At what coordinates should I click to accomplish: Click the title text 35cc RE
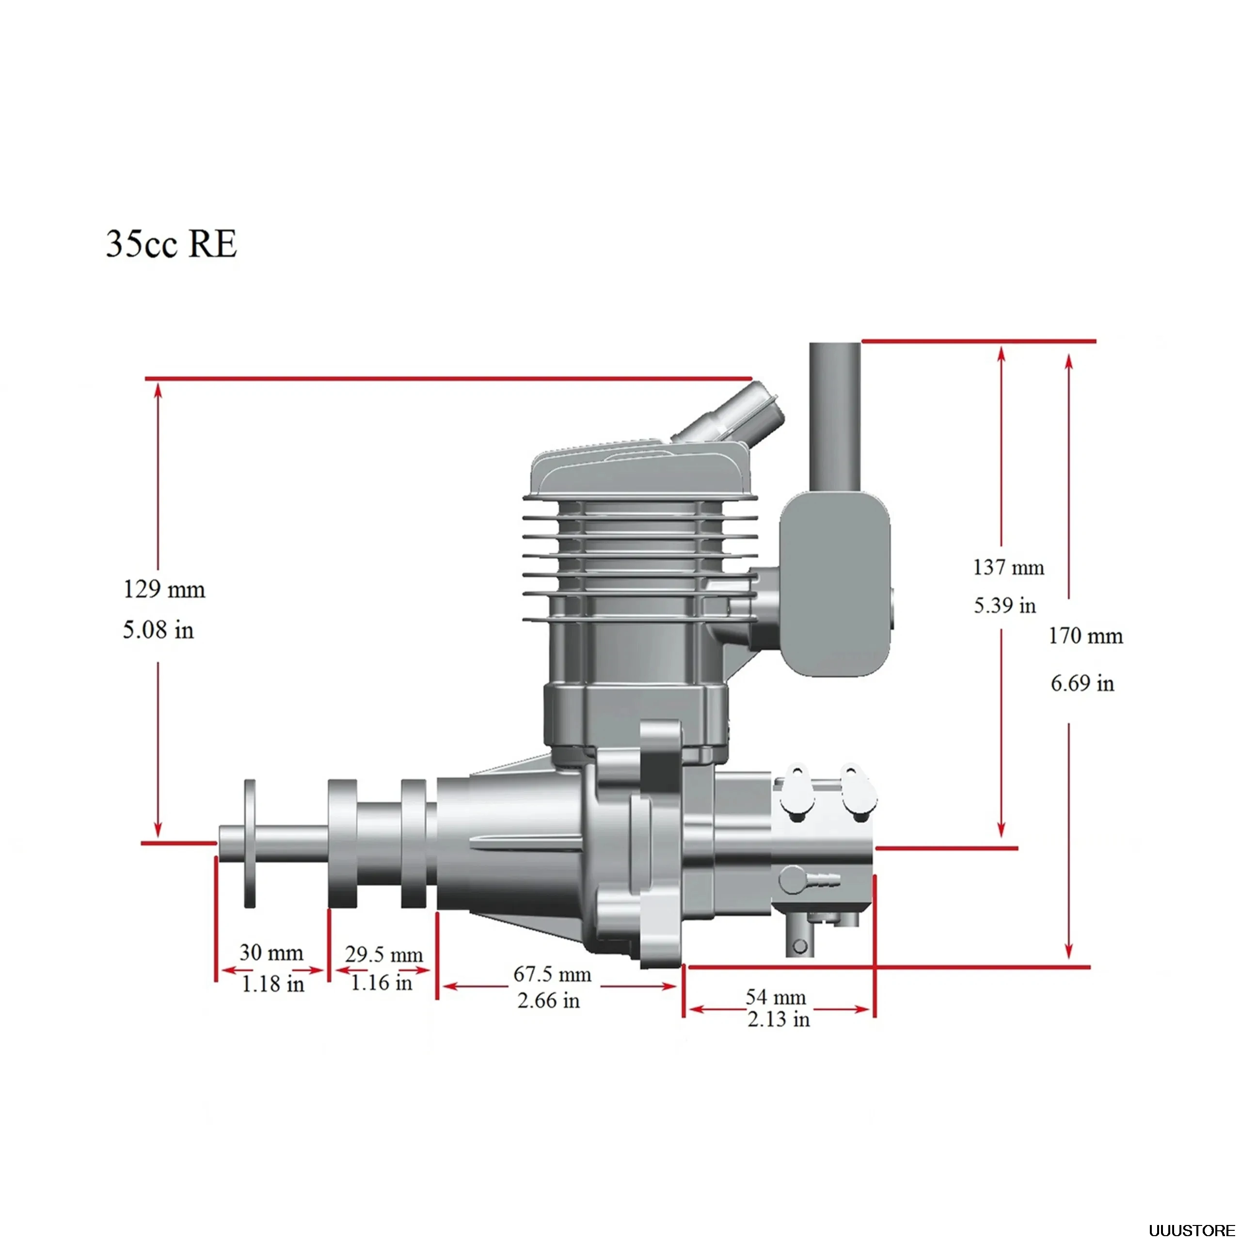pos(172,245)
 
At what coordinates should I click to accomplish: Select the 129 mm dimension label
pos(164,589)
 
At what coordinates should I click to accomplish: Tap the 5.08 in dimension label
pos(158,630)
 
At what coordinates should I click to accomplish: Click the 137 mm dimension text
pos(1008,567)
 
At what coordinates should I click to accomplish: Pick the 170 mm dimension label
pos(1085,636)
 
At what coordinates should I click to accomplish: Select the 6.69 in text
pos(1082,683)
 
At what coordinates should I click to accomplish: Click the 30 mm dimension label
pos(271,952)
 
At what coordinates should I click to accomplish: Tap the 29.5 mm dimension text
pos(384,955)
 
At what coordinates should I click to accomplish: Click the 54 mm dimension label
pos(775,997)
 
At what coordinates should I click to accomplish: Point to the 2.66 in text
pos(549,1000)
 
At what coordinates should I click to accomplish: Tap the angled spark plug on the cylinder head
pos(732,415)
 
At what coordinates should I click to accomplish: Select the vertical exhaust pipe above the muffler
pos(834,417)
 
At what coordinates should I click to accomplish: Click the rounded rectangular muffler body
pos(836,585)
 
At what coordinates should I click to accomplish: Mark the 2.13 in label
pos(779,1019)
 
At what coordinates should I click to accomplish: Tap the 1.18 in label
pos(272,984)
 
